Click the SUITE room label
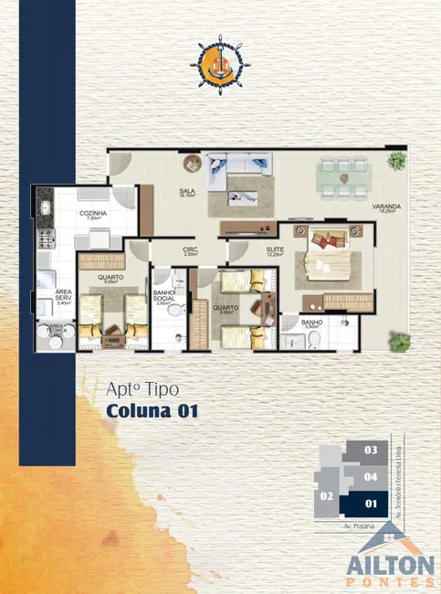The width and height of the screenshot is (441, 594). [x=274, y=249]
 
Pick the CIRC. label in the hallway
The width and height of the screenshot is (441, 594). [x=190, y=250]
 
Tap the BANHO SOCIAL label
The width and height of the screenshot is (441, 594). [x=164, y=297]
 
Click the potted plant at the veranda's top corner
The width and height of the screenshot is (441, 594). [x=396, y=162]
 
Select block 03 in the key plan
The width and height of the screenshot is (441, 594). [x=370, y=450]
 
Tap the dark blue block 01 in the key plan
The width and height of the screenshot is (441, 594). [x=370, y=502]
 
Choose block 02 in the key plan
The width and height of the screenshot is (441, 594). [x=324, y=496]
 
